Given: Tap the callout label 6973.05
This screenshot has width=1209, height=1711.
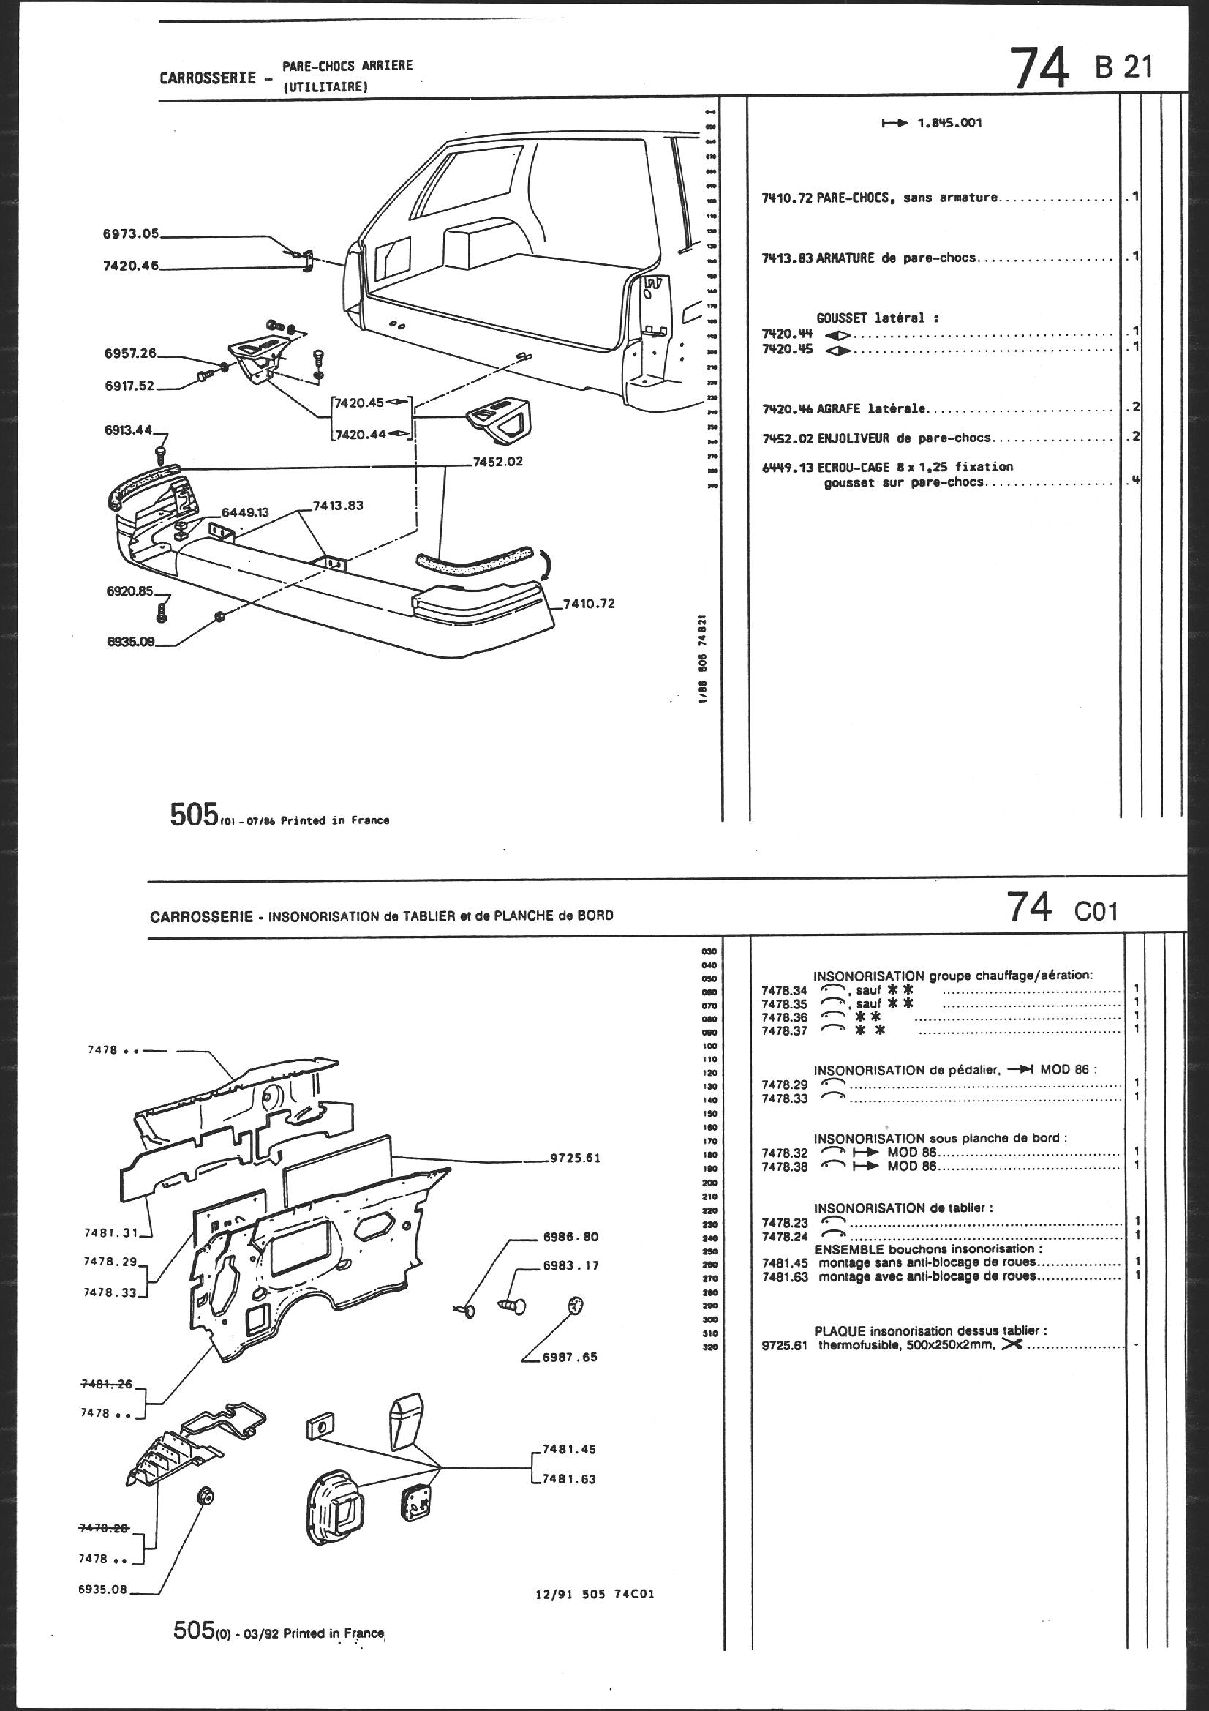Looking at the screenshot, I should pyautogui.click(x=131, y=233).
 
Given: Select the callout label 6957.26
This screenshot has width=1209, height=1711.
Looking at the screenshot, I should pyautogui.click(x=129, y=353).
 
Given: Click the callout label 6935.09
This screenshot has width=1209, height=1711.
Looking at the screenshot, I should pyautogui.click(x=130, y=642).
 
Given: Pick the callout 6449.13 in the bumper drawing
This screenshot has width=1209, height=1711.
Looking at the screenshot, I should pyautogui.click(x=244, y=513).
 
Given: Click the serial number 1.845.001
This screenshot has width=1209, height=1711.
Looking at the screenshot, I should pyautogui.click(x=949, y=123).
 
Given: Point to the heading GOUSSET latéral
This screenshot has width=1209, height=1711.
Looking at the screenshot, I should pyautogui.click(x=877, y=318).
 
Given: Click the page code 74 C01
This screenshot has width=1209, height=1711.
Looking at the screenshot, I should pyautogui.click(x=1061, y=908).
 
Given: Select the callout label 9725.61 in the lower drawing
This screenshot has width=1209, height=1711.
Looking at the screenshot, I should pyautogui.click(x=574, y=1158).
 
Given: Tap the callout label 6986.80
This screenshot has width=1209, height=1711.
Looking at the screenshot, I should pyautogui.click(x=570, y=1236).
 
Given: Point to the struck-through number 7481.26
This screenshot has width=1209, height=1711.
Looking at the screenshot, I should pyautogui.click(x=106, y=1384).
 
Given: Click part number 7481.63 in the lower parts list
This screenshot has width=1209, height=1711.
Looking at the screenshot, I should pyautogui.click(x=784, y=1276).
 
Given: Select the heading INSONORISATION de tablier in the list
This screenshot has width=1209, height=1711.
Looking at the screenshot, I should pyautogui.click(x=903, y=1208).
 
